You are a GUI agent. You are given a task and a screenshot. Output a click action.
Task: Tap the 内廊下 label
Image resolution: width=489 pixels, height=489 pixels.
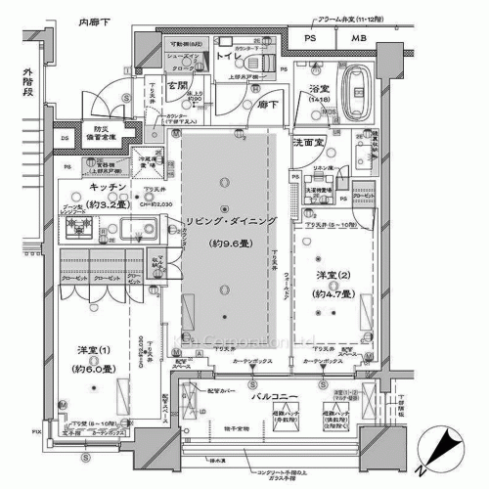[x=96, y=19]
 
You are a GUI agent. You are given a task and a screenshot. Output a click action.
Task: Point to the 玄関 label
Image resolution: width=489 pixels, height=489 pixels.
[x=176, y=86]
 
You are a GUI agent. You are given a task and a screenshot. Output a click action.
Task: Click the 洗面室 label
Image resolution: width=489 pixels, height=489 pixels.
[x=309, y=143]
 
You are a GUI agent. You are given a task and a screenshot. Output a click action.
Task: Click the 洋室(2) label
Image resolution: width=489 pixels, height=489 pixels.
[x=333, y=275]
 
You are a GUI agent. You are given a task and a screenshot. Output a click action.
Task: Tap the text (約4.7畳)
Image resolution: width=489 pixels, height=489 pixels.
[x=333, y=292]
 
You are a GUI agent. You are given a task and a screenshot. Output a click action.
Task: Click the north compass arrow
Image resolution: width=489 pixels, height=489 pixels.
[x=445, y=452]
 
